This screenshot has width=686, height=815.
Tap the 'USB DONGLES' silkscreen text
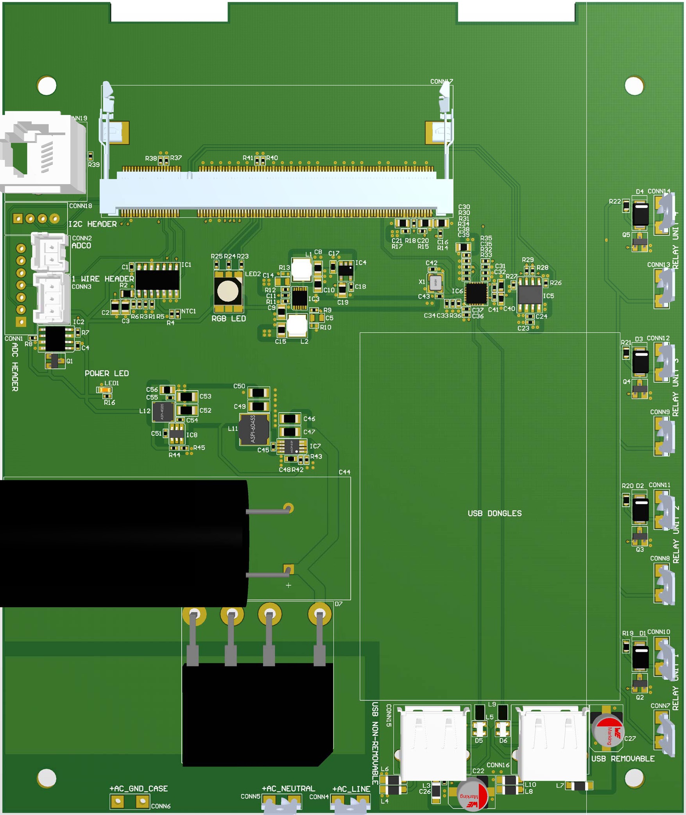494,513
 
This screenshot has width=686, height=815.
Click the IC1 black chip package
157,280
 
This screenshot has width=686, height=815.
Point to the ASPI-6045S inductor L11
254,429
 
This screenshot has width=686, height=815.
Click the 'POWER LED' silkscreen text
107,374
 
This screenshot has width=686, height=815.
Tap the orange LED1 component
104,390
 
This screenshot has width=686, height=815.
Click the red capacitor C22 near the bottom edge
473,795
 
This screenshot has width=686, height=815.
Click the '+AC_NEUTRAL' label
288,788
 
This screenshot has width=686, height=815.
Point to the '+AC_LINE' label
351,789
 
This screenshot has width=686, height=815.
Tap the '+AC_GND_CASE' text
139,788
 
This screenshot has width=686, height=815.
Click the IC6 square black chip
476,293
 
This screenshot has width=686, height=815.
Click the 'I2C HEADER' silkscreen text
93,224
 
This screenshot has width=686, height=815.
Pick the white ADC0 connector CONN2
50,252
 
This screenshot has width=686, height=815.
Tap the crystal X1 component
435,283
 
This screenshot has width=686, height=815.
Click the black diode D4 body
640,214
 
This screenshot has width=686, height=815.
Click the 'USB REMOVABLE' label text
623,759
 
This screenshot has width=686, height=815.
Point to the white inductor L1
301,269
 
